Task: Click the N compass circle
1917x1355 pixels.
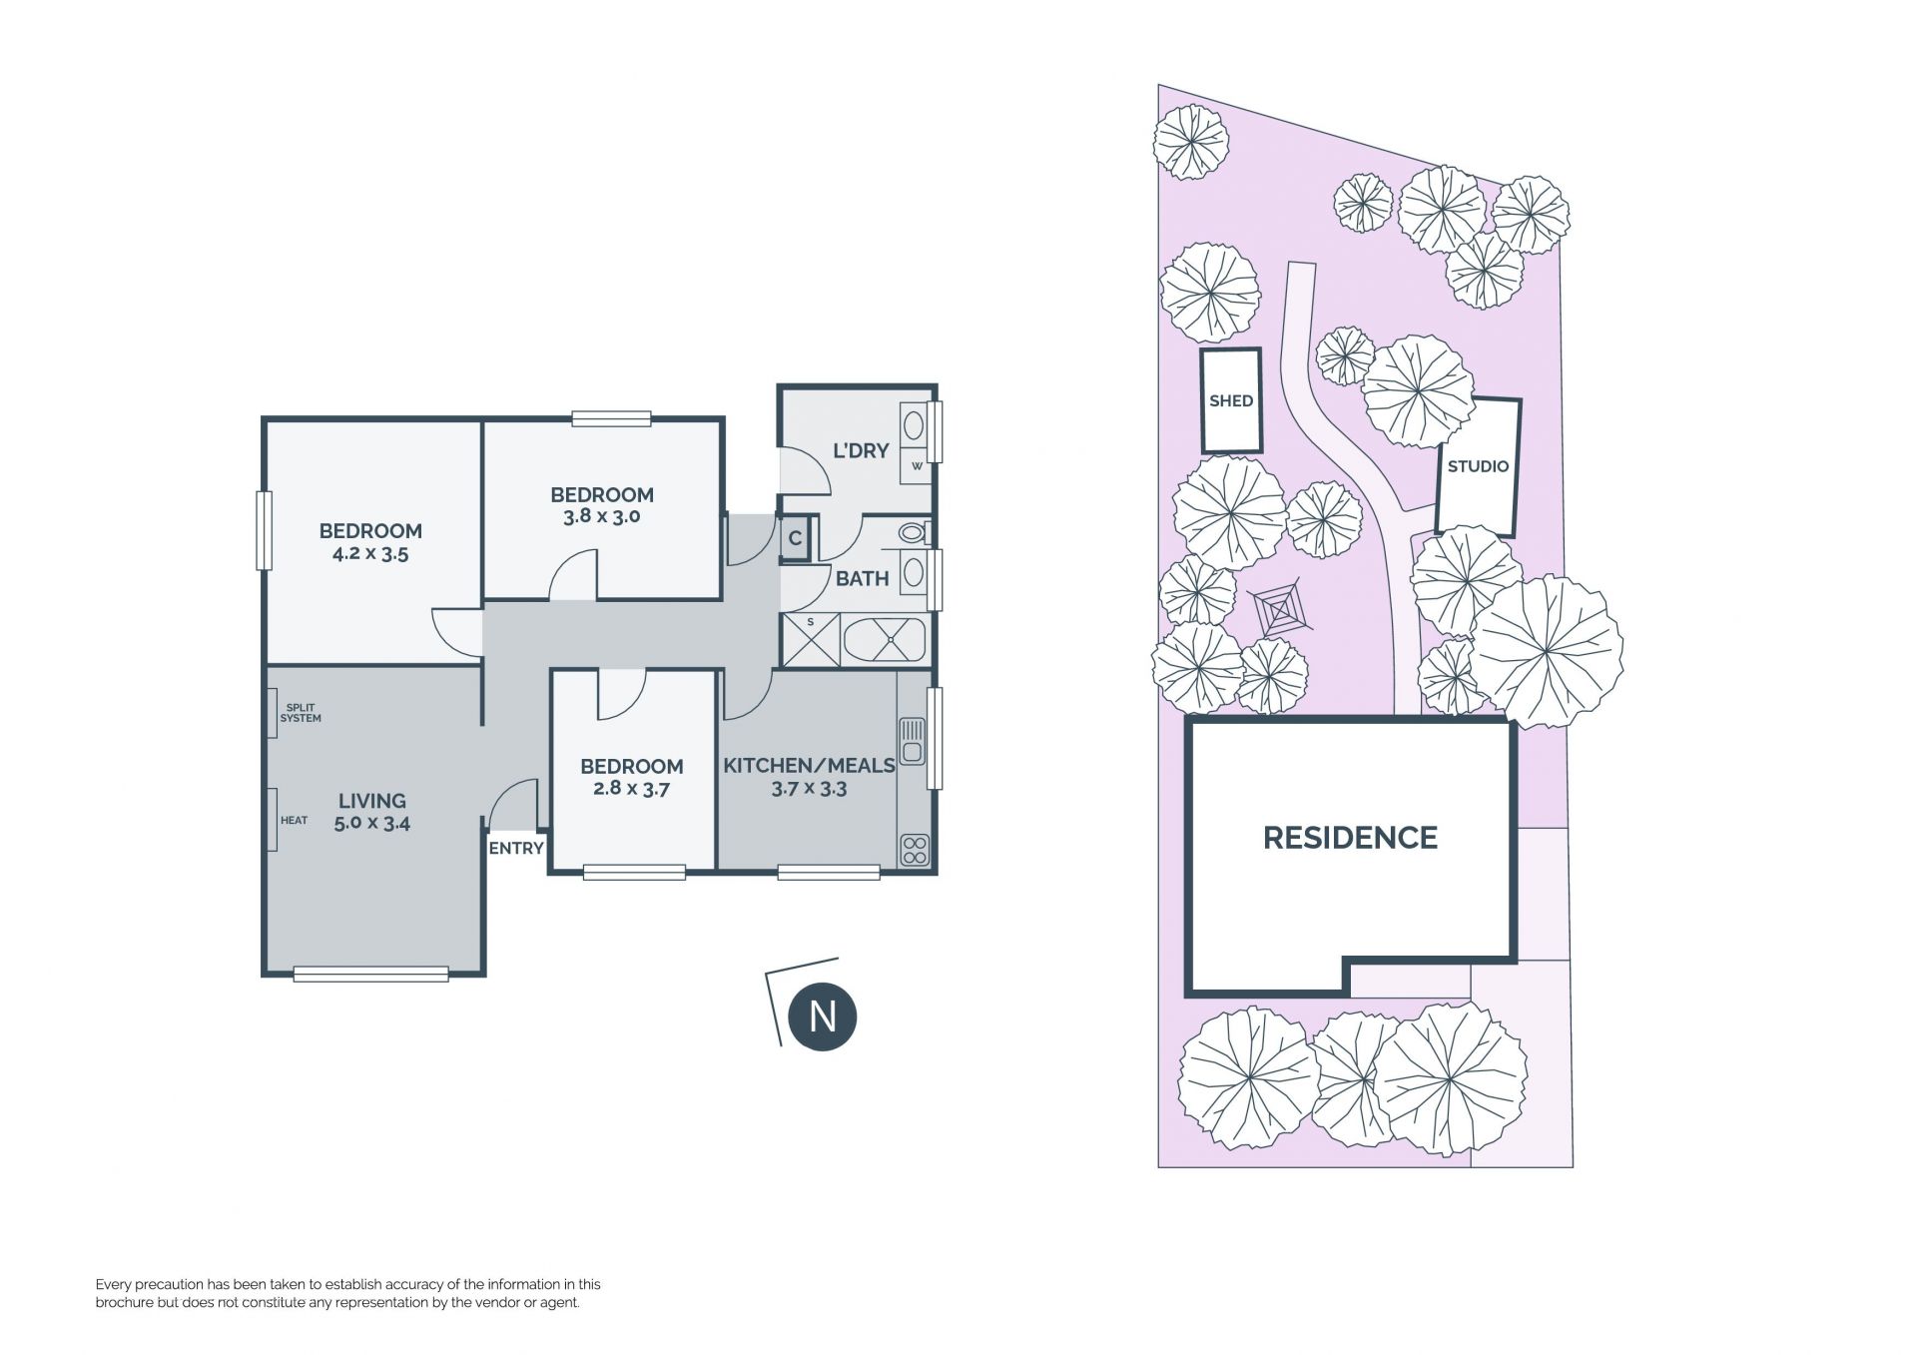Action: point(823,1016)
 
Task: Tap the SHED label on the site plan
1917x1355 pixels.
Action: point(1231,401)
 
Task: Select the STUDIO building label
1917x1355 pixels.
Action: point(1478,466)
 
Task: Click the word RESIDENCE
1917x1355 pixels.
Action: point(1350,838)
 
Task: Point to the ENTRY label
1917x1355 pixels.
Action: point(516,848)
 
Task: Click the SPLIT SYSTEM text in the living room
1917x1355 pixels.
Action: point(301,713)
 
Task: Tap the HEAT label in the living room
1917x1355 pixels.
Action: point(295,821)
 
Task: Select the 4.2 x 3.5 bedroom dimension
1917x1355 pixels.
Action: point(370,553)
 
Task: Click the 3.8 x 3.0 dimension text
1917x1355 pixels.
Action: point(601,516)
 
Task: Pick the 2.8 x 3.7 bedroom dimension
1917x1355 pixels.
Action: point(631,788)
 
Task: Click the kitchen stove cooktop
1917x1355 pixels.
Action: point(915,850)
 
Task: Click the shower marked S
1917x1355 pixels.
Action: point(811,639)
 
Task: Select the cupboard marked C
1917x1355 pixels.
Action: point(795,539)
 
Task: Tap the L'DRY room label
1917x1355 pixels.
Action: point(861,451)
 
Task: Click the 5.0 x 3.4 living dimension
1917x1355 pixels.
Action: point(372,824)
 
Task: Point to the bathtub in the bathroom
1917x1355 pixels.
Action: point(886,640)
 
